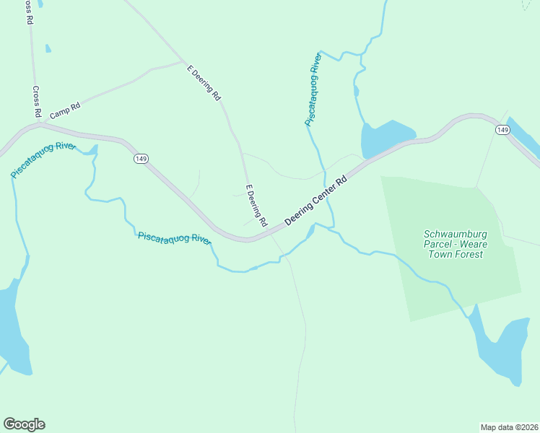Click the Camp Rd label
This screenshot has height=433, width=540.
coord(65,110)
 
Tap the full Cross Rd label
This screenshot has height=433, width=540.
coord(36,102)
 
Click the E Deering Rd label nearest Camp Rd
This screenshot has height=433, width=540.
coord(204,82)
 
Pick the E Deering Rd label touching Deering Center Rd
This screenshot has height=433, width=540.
coord(256,204)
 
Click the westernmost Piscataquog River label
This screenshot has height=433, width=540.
coord(43,160)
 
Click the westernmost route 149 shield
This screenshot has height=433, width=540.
coord(141,158)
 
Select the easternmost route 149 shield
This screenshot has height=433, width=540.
coord(502,130)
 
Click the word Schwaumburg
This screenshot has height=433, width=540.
coord(456,234)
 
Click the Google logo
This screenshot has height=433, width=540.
coord(24,424)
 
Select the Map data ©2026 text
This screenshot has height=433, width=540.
coord(509,427)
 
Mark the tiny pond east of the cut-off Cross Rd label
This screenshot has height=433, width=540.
coord(48,48)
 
